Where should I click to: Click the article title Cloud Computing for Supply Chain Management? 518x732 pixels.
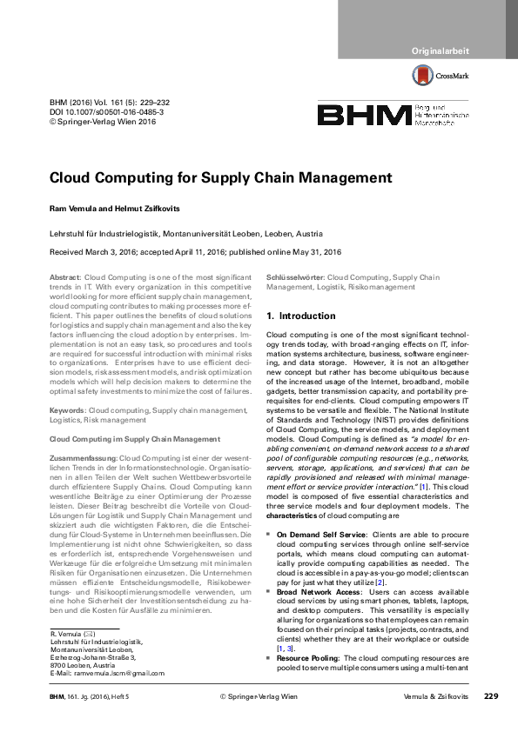coord(221,178)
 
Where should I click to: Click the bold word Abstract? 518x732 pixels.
coord(65,276)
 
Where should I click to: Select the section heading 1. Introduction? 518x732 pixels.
coord(300,316)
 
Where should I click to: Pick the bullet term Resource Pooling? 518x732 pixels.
coord(309,659)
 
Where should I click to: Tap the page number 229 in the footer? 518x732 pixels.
coord(490,721)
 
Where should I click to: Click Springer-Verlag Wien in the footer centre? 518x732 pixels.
coord(259,721)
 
